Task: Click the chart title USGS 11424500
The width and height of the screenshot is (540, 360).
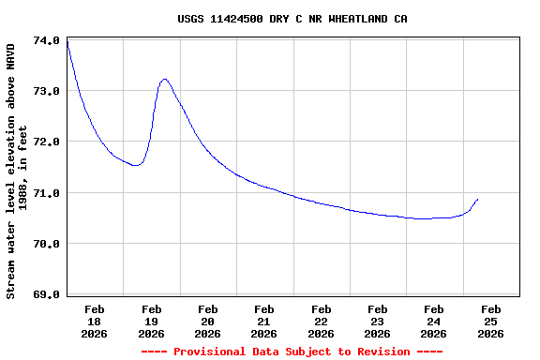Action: (292, 19)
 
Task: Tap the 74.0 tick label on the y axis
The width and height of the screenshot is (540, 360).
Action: (47, 41)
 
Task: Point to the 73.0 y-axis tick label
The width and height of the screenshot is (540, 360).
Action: (47, 92)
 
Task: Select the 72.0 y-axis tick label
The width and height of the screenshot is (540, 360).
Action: (47, 142)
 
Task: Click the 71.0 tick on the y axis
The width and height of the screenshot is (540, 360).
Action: (47, 193)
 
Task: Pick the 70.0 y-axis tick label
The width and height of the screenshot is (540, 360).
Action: (47, 244)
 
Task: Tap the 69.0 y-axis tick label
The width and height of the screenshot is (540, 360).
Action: (47, 294)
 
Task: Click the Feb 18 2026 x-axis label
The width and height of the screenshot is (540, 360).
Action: (95, 321)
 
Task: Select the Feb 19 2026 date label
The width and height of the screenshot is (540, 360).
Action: (151, 321)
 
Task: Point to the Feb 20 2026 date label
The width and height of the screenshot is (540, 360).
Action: (207, 321)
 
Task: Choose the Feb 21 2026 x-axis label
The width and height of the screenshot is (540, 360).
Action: (264, 321)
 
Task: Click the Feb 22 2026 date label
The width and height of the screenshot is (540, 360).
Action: (321, 321)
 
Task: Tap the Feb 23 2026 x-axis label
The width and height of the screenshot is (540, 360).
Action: (378, 321)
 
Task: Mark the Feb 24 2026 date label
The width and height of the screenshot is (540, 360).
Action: (434, 321)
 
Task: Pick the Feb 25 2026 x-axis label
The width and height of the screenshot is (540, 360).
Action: (490, 321)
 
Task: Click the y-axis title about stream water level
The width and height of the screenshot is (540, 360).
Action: (17, 169)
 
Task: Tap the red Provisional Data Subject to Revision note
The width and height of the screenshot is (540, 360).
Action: (292, 352)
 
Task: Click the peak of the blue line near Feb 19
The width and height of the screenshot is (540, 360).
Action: (165, 80)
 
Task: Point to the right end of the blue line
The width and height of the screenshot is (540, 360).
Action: (478, 199)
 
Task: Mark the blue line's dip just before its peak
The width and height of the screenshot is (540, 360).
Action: (137, 165)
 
